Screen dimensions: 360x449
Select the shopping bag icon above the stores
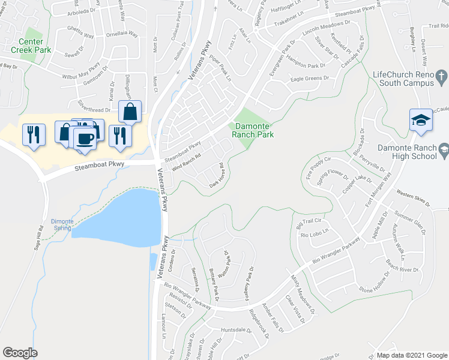[x=130, y=111]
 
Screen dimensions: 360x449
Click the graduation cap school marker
[x=421, y=120]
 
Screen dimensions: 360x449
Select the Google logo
[x=20, y=353]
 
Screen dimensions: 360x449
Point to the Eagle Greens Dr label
[x=310, y=78]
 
